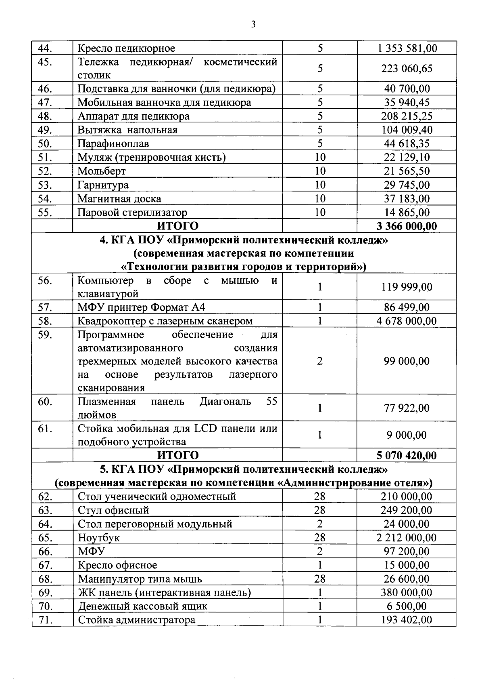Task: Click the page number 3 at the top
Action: click(253, 25)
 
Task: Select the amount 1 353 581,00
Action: click(407, 48)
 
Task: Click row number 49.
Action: click(46, 130)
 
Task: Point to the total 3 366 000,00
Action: click(407, 226)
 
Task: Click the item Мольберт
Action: click(102, 171)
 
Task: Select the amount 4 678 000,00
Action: click(407, 321)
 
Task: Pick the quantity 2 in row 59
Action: click(319, 361)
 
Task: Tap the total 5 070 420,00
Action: click(407, 456)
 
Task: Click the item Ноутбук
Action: click(99, 538)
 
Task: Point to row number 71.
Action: click(46, 620)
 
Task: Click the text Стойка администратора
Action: click(136, 620)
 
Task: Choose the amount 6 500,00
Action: click(407, 606)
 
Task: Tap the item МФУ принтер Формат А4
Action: click(141, 307)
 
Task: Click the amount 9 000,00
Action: click(407, 435)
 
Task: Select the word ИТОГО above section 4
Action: click(178, 226)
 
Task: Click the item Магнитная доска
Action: click(119, 199)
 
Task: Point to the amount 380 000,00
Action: click(407, 593)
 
